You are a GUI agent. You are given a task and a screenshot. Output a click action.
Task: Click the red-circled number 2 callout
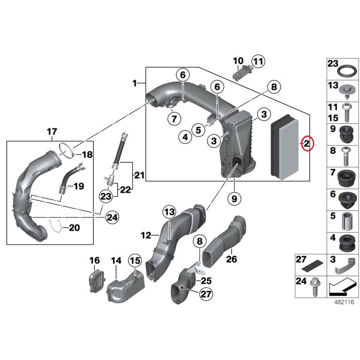click(x=307, y=144)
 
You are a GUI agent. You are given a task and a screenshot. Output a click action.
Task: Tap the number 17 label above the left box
click(x=52, y=132)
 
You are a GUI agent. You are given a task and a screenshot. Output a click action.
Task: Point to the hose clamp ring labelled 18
click(x=66, y=150)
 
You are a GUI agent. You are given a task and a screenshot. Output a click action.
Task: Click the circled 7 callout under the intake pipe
click(x=173, y=119)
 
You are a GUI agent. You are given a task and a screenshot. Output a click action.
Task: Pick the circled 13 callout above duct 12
click(x=169, y=212)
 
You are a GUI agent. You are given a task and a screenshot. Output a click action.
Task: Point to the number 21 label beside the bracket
click(x=139, y=175)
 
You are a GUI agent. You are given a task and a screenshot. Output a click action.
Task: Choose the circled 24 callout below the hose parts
click(x=112, y=218)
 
